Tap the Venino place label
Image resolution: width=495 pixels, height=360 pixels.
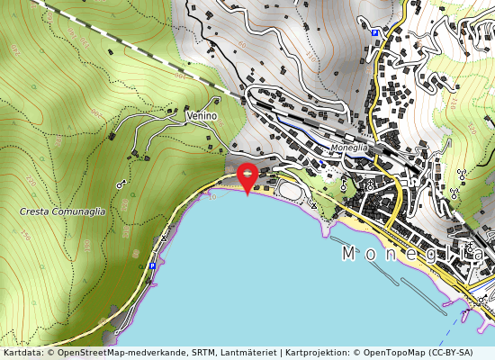point(202,117)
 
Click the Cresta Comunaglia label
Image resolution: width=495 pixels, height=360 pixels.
point(62,211)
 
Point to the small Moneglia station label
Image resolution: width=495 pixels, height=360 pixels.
point(349,147)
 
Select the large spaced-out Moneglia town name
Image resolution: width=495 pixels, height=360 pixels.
point(414,255)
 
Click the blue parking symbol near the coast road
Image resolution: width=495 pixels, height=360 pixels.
point(152,266)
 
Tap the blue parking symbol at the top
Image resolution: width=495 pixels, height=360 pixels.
point(374,32)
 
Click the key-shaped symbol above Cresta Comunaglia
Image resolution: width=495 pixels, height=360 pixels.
point(121,184)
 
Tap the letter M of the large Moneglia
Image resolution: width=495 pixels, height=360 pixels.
point(349,255)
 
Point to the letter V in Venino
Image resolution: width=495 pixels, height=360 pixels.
point(189,117)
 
